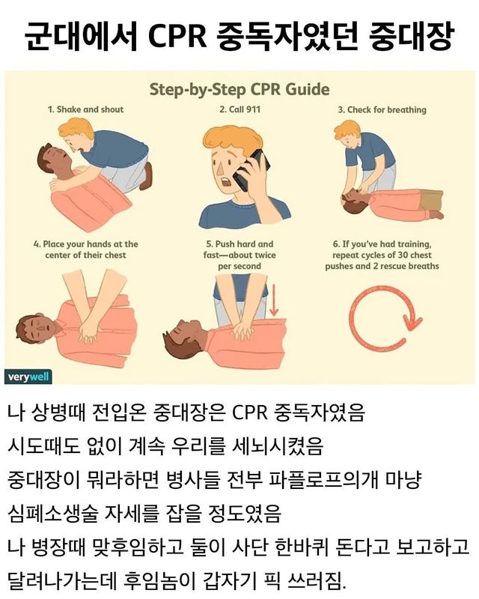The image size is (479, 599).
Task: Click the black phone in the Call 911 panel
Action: click(251, 170)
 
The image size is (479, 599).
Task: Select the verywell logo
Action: click(28, 377)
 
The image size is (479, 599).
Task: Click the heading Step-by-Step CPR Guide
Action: click(239, 89)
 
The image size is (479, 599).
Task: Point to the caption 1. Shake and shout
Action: click(85, 109)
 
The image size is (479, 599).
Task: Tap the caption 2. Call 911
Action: click(239, 109)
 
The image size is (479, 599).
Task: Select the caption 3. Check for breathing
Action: click(382, 110)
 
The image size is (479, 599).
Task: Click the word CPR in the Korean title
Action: click(177, 36)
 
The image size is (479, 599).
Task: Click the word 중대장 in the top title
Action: click(412, 36)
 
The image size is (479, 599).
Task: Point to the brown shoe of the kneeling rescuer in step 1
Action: click(145, 177)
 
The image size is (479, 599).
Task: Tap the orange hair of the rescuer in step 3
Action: click(347, 130)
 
